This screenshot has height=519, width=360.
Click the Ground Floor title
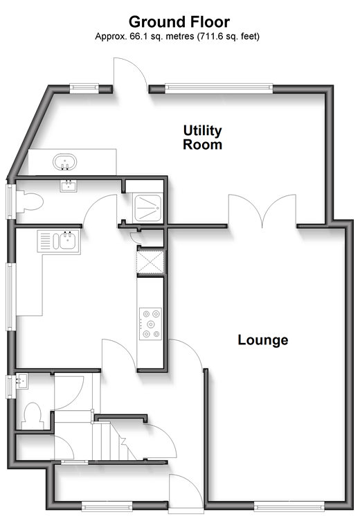click(179, 22)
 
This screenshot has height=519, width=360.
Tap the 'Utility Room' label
click(202, 137)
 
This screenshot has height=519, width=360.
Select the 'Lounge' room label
click(263, 340)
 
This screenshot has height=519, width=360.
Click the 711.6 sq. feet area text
click(228, 36)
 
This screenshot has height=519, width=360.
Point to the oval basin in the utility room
click(65, 162)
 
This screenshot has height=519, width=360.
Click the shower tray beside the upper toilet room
click(147, 208)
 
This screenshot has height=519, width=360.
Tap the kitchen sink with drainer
click(59, 241)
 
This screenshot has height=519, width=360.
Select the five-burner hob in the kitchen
click(151, 324)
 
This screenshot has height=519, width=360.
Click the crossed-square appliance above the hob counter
click(150, 263)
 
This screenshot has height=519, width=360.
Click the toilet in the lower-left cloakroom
click(33, 416)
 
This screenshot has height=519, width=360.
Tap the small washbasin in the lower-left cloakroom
click(22, 381)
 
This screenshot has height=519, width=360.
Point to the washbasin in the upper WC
click(69, 186)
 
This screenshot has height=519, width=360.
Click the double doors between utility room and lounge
click(262, 211)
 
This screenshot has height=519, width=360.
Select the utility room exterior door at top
click(131, 74)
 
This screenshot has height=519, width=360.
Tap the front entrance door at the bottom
click(185, 491)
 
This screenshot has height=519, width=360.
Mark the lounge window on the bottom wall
click(289, 505)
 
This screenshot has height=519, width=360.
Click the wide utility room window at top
click(219, 88)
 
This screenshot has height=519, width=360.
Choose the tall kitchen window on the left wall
click(11, 297)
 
